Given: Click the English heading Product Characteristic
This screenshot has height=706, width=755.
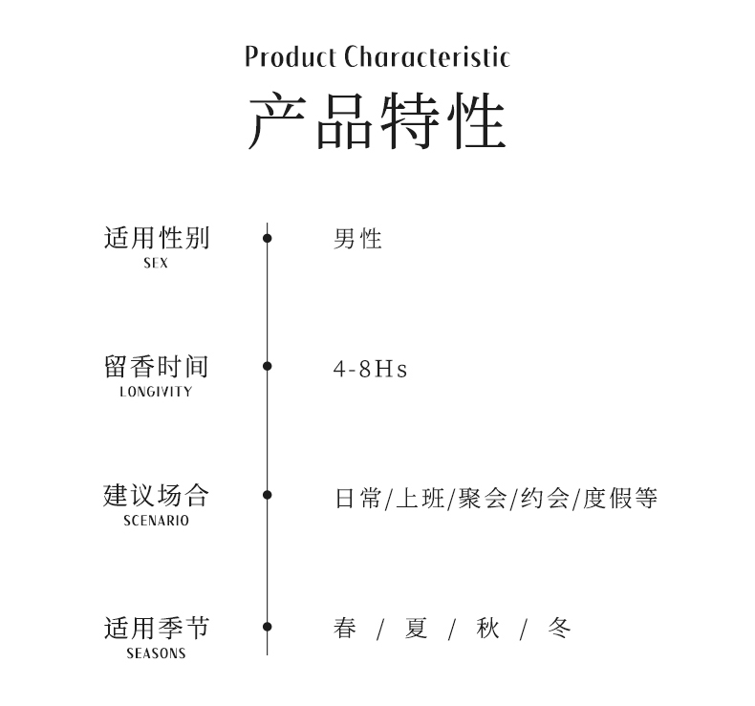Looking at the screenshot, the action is click(x=377, y=57).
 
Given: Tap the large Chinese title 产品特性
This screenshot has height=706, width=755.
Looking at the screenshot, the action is click(x=377, y=122).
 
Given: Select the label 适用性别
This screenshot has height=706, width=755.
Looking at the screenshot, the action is click(x=156, y=237).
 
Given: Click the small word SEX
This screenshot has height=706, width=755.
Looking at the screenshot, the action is click(x=156, y=264).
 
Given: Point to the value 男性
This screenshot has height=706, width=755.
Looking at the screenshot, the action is click(x=357, y=239).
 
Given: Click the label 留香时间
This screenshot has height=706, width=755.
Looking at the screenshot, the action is click(x=156, y=366).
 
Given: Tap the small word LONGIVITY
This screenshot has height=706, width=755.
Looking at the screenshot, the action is click(x=156, y=392).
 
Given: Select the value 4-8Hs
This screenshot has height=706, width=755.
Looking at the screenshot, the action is click(x=370, y=369).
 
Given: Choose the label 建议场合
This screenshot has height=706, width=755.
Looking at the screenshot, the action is click(x=156, y=495).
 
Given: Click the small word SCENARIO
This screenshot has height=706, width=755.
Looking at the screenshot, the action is click(x=156, y=522).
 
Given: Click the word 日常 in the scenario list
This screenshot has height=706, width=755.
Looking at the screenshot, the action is click(x=357, y=498).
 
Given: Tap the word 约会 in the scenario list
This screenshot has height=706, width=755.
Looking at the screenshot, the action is click(x=544, y=498).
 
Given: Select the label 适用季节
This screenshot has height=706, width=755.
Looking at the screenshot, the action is click(x=156, y=628).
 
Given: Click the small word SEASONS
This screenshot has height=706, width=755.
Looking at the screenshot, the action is click(x=156, y=654).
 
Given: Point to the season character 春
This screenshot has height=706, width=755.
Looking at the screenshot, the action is click(x=345, y=628).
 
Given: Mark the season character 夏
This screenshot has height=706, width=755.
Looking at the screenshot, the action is click(x=416, y=628).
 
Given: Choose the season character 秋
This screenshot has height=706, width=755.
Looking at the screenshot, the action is click(x=487, y=628).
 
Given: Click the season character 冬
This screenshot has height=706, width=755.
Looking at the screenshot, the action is click(x=559, y=628).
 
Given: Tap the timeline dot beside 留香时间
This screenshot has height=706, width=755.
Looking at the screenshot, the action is click(x=268, y=366).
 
